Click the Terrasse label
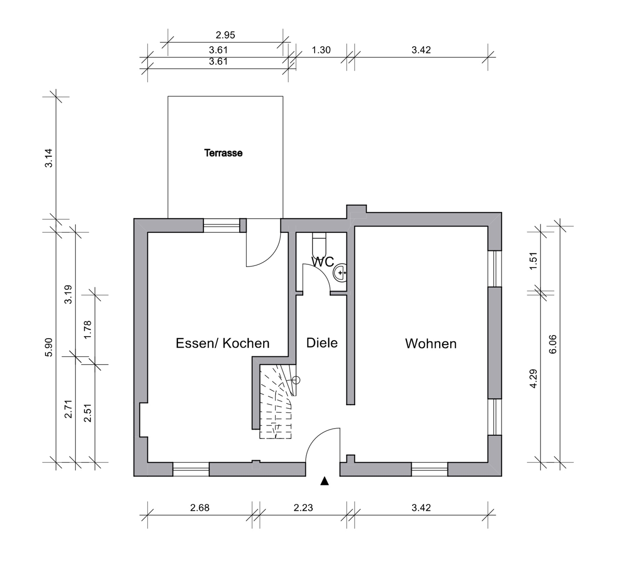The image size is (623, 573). pos(223,153)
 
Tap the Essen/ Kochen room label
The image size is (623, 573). pos(223,343)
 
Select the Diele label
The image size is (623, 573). pos(322,343)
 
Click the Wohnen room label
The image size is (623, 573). pos(431,344)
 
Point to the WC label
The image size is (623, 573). pos(322,261)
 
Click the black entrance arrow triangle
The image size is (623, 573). pos(325,481)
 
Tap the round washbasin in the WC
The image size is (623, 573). pos(341,272)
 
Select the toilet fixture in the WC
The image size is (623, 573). pos(319,243)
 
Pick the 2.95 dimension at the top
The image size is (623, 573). pos(225,35)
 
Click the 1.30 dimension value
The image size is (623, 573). pos(321,50)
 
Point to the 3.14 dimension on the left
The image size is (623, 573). pos(49,158)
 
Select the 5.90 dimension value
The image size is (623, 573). pos(49,347)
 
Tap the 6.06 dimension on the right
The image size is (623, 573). pos(552,344)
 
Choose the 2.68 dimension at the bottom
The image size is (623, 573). pos(200,508)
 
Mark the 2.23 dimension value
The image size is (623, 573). pos(303,508)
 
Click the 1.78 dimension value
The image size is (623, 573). pos(87,329)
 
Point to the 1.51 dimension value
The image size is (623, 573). pos(532,261)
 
